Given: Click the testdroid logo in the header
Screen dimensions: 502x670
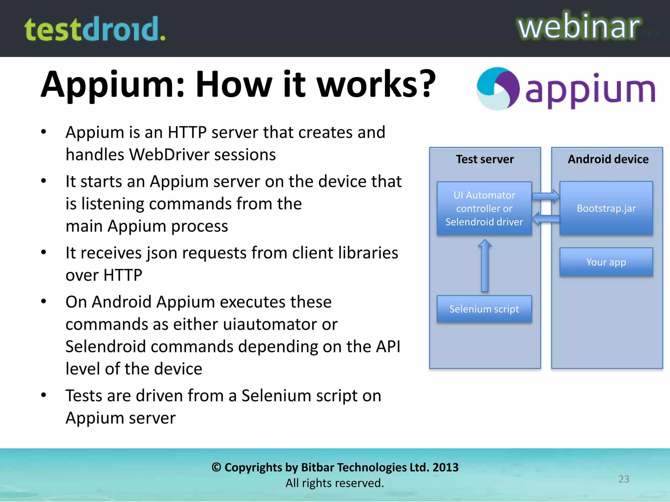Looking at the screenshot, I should (95, 29).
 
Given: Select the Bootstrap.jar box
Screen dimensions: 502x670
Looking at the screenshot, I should (606, 208).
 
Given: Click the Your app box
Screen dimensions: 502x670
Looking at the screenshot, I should (606, 262).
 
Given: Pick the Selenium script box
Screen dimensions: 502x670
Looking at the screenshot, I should (484, 309).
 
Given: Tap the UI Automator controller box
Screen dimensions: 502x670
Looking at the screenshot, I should (484, 209).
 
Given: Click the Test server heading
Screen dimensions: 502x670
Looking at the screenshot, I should (485, 159).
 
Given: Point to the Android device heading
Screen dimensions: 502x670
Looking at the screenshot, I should (608, 159).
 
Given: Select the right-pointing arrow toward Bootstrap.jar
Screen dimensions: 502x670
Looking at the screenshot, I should (546, 196).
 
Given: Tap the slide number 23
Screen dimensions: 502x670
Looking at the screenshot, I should (624, 479).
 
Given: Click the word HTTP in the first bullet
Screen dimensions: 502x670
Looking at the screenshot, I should (187, 132).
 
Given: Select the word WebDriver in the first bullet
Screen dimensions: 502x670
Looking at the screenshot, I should (169, 155).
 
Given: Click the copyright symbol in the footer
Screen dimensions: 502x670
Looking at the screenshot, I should (216, 467).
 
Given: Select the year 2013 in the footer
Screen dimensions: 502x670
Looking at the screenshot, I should (445, 467).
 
